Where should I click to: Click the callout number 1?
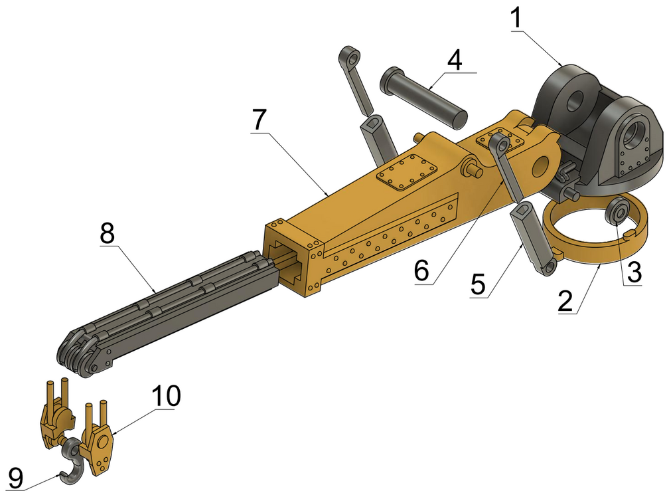[x=516, y=19]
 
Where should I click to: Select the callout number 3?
[x=633, y=272]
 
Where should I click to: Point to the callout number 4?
[x=455, y=60]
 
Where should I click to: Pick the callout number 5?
[x=479, y=284]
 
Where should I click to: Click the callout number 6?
[x=422, y=271]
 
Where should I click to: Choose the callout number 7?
[x=259, y=120]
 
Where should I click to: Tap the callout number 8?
[x=108, y=233]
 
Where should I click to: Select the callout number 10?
[x=166, y=396]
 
